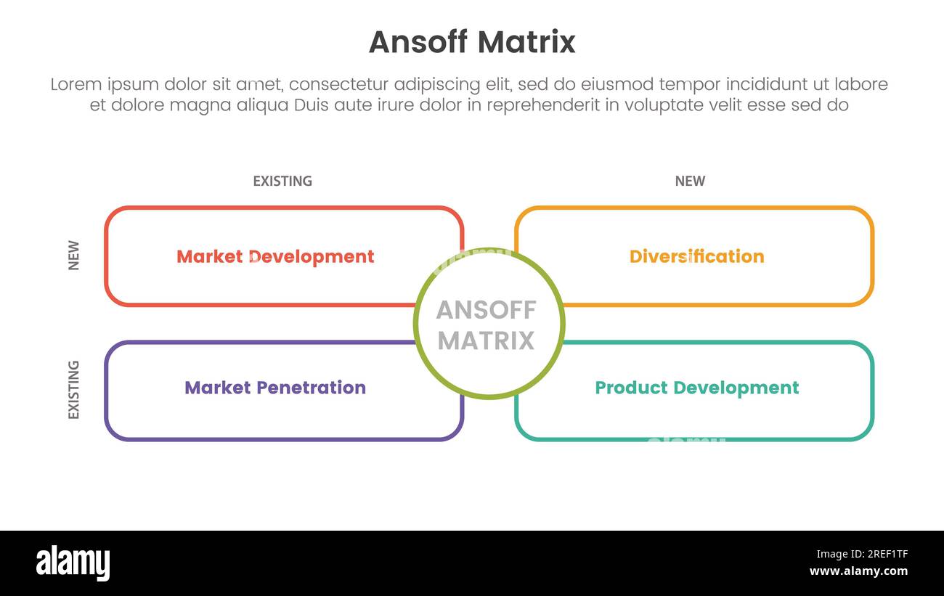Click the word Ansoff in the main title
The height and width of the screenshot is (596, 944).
click(x=414, y=42)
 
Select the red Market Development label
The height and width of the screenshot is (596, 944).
click(x=275, y=256)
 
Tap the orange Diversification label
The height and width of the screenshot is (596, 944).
click(x=696, y=256)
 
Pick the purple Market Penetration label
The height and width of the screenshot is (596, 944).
click(x=275, y=388)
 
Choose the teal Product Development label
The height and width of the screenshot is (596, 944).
click(x=696, y=388)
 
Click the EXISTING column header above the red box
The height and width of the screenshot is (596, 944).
click(x=282, y=181)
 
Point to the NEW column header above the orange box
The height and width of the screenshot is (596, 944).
click(x=690, y=181)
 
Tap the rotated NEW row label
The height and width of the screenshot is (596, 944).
click(x=73, y=256)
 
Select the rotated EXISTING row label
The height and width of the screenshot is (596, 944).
click(x=73, y=390)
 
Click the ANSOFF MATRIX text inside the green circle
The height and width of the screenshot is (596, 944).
click(x=487, y=324)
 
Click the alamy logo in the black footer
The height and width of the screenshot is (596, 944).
click(x=73, y=563)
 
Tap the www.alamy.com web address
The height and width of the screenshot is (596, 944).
click(x=859, y=571)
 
